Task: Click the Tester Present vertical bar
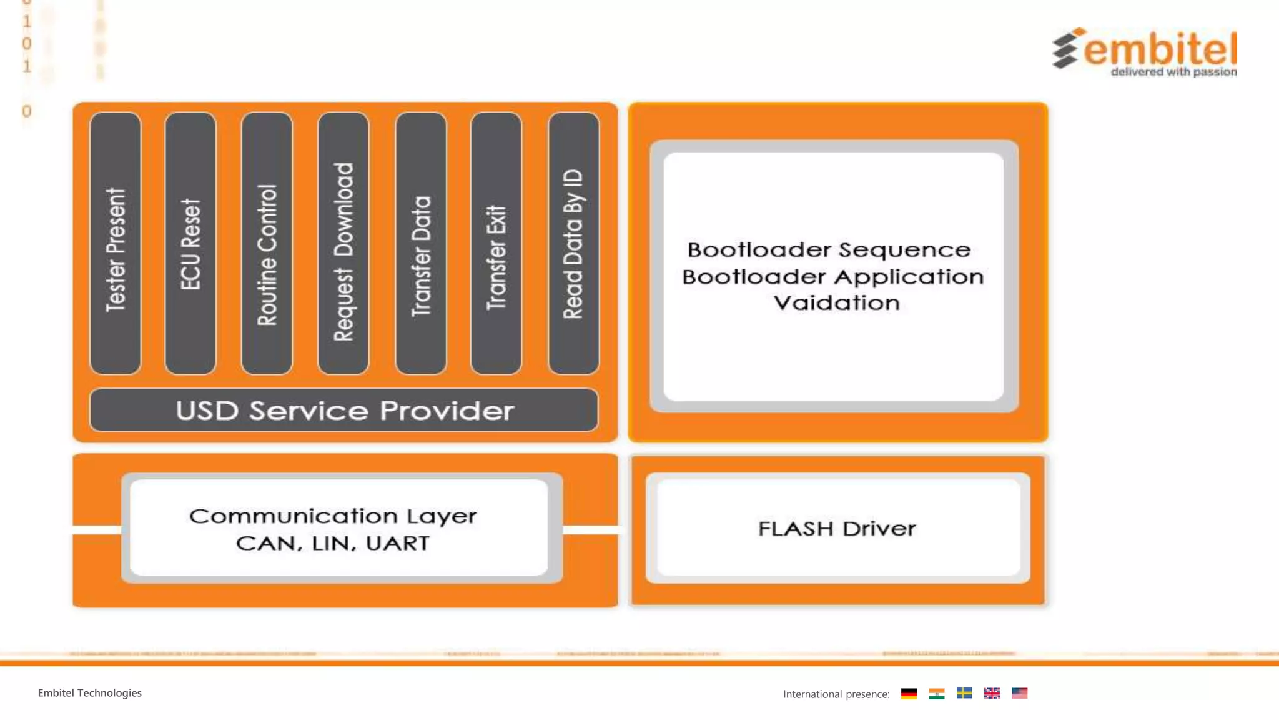(x=116, y=244)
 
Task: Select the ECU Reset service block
(x=190, y=244)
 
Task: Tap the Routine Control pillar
(x=267, y=244)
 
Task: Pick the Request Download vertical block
(x=343, y=244)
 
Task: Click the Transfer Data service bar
(x=421, y=244)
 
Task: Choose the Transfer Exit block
(x=496, y=244)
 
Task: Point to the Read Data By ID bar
(x=573, y=244)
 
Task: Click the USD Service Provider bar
(x=344, y=411)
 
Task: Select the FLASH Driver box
(x=837, y=529)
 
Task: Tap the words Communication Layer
(x=333, y=516)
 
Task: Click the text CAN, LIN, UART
(x=333, y=543)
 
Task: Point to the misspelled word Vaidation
(x=837, y=303)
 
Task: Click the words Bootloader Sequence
(x=829, y=250)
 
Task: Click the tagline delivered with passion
(x=1173, y=72)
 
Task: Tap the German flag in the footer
(x=909, y=693)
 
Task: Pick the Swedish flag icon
(x=964, y=693)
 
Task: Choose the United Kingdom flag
(x=992, y=693)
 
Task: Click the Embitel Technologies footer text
(x=90, y=693)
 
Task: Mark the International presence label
(x=836, y=694)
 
